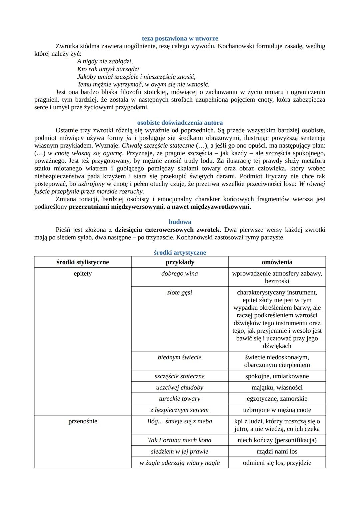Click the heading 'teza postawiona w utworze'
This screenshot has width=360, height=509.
tap(180, 38)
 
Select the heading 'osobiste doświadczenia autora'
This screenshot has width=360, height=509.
tap(180, 122)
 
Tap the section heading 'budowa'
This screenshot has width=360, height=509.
tap(180, 222)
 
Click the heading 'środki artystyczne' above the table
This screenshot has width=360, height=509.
tap(180, 252)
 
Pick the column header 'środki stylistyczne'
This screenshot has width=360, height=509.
tap(83, 262)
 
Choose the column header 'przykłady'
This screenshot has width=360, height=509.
tap(180, 262)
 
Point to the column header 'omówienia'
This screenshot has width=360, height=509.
tap(277, 262)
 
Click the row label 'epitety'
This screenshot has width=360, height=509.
tap(83, 273)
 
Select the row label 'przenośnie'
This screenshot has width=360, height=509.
tap(83, 421)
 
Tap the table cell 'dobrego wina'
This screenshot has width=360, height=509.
tap(180, 273)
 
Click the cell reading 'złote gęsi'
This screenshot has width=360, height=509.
tap(180, 292)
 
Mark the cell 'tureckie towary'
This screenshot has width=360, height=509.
tap(180, 398)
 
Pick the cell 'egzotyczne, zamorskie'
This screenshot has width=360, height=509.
tap(277, 398)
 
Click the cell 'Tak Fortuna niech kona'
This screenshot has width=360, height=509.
tap(180, 440)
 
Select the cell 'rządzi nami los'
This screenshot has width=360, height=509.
tap(277, 451)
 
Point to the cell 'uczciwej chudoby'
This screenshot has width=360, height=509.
tap(180, 387)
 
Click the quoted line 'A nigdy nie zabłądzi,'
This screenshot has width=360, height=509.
tap(105, 61)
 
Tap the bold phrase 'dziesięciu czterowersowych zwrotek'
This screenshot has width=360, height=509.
tap(167, 230)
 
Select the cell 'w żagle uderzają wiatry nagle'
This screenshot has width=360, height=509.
tap(180, 463)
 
